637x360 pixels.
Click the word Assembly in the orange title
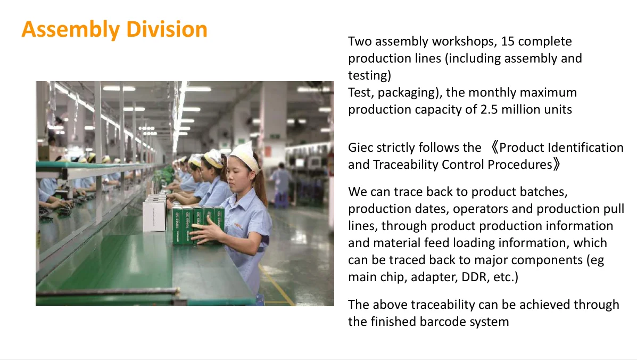71,30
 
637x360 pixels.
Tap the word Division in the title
167,29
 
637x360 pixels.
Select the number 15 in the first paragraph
507,42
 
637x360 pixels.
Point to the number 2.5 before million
489,110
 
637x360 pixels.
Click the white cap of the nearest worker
245,155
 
